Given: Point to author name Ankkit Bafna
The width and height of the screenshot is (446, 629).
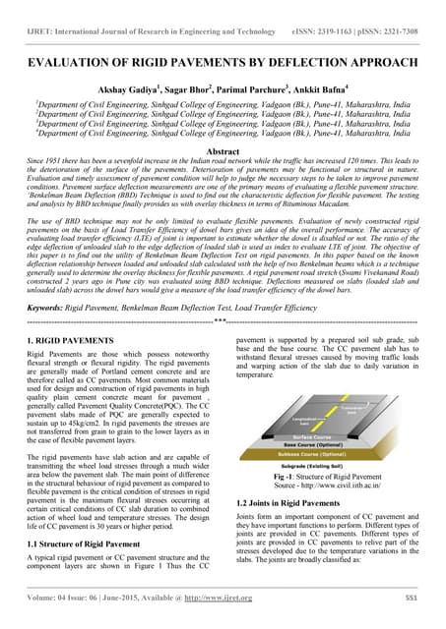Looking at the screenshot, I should (x=337, y=86).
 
